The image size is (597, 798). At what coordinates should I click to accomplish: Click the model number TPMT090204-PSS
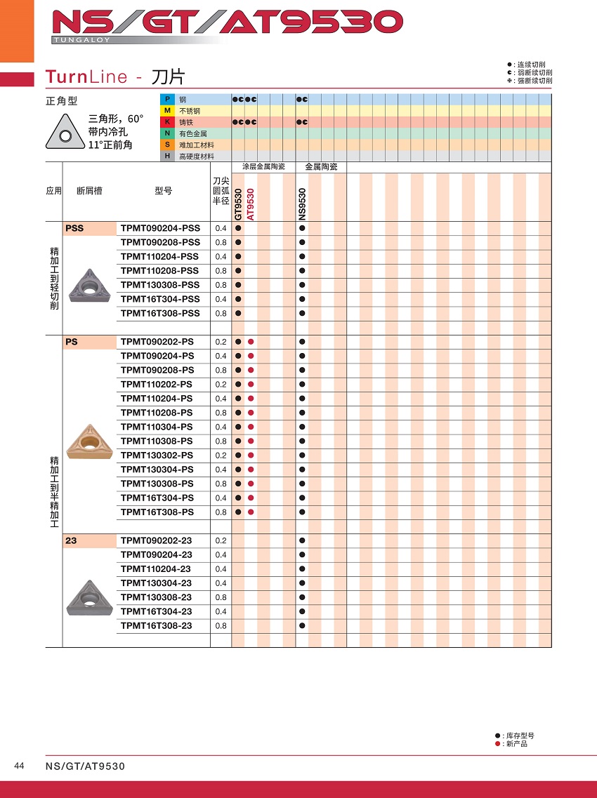[160, 228]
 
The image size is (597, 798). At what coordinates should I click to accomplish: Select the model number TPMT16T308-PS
[157, 512]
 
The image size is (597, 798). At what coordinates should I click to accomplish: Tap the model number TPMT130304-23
[156, 583]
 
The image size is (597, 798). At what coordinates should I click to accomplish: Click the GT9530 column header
[238, 204]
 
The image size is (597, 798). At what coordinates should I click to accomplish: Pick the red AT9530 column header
[251, 204]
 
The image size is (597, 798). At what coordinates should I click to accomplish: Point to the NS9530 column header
[302, 204]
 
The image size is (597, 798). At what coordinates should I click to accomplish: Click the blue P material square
[167, 100]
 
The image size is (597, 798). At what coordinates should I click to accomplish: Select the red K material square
[167, 122]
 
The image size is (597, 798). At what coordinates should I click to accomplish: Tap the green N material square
[167, 133]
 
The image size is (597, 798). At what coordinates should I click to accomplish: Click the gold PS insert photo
[88, 441]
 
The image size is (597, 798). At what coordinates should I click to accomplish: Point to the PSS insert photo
[88, 286]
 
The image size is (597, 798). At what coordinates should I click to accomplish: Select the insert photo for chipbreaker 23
[88, 598]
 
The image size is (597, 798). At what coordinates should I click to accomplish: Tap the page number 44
[19, 766]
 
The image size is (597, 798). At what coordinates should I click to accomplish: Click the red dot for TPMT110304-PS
[251, 427]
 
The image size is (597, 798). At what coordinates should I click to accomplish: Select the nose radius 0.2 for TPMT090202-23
[221, 540]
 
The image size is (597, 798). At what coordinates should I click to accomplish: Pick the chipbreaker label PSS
[74, 228]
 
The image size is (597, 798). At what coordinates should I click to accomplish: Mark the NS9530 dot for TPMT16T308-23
[302, 625]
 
